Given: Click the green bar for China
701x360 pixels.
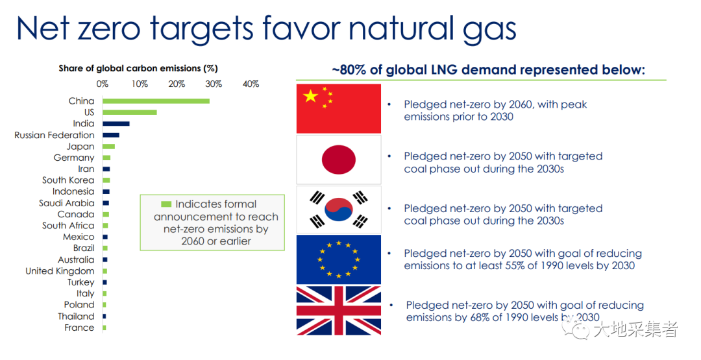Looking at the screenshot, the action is (x=156, y=101).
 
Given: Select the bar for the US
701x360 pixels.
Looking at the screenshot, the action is (x=130, y=112).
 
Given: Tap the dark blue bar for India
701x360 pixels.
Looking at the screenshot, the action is (x=116, y=124).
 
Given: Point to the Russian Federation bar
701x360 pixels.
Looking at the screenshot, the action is (x=111, y=135).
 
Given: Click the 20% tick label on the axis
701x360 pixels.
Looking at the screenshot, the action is (x=177, y=84).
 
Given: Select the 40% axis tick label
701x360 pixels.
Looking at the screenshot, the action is (x=251, y=84).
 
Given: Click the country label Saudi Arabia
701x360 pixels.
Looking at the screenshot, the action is (x=67, y=203).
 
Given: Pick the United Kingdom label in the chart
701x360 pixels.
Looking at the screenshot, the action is (x=60, y=271).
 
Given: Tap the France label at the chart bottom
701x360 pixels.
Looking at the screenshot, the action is (x=79, y=328).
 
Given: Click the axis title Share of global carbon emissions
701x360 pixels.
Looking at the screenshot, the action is (x=138, y=68).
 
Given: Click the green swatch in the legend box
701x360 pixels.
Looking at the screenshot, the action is (x=166, y=204).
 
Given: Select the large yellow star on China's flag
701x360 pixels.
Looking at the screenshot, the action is (x=310, y=95).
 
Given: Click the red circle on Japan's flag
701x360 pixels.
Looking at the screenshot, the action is (x=338, y=160).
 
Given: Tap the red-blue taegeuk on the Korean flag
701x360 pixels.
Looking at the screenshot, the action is (x=338, y=210).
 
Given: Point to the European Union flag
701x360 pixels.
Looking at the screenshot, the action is (x=338, y=259).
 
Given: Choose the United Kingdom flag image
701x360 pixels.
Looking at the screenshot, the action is (x=338, y=311).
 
